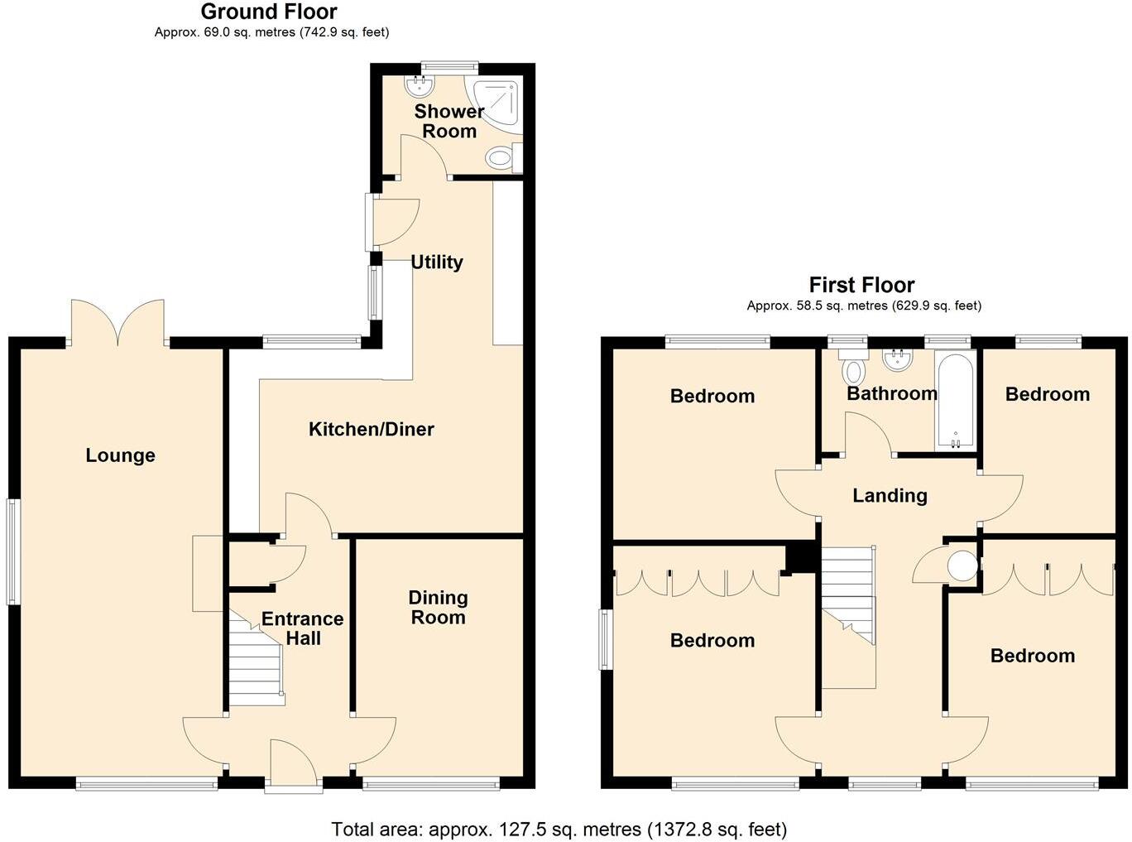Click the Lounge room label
coord(120,455)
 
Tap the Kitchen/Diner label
coord(371,429)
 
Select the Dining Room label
coord(438,607)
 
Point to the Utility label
coord(436,262)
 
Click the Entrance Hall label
coord(303,628)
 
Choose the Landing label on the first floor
coord(890,495)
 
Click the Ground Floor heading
coord(269,12)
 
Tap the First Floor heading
coord(861,286)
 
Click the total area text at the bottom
coord(559,829)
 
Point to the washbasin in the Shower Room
coord(419,84)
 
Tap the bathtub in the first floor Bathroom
coord(956,402)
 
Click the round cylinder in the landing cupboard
coord(962,565)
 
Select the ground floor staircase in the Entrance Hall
coord(256,662)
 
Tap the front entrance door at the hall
coord(293,766)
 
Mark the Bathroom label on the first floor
coord(891,393)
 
